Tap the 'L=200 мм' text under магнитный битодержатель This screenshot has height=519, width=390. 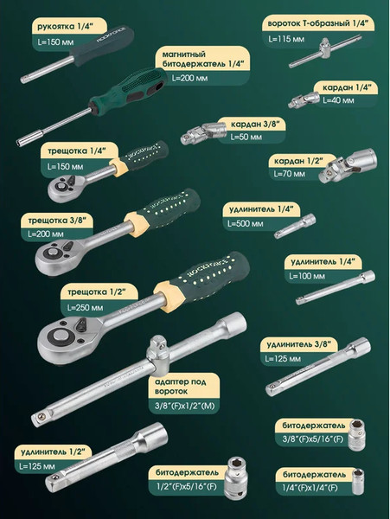(x=189, y=78)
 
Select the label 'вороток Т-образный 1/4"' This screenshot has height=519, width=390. (x=317, y=23)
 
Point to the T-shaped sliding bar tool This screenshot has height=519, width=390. (x=324, y=52)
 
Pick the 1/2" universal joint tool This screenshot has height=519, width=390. (x=348, y=165)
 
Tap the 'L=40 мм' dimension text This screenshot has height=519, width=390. (x=338, y=100)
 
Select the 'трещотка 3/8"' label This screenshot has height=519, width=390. (x=57, y=221)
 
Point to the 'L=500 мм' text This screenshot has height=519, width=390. (x=245, y=224)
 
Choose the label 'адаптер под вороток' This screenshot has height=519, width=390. (x=180, y=387)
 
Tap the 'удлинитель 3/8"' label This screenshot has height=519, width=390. (x=298, y=344)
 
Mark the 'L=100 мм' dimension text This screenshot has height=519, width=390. (x=307, y=276)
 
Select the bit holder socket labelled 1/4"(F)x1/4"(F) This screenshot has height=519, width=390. (x=358, y=481)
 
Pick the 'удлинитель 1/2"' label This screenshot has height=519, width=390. (x=51, y=452)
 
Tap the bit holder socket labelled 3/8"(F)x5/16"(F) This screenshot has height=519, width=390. (x=356, y=435)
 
